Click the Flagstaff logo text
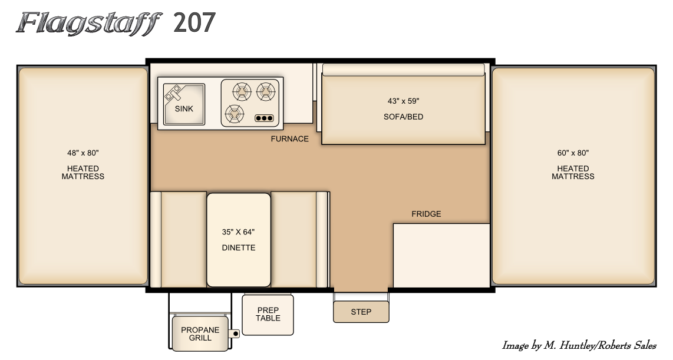tap(89, 24)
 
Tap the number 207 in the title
tap(194, 23)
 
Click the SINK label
tap(184, 109)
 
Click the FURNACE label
tap(290, 139)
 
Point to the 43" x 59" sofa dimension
tap(403, 101)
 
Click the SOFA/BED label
tap(403, 117)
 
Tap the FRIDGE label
tap(426, 214)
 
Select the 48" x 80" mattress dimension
tap(83, 153)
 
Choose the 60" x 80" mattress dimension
tap(573, 153)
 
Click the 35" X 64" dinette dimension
tap(238, 232)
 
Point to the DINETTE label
tap(238, 248)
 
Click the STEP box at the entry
tap(361, 312)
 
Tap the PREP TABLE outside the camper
tap(268, 315)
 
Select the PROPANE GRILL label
tap(200, 334)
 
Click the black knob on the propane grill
tap(235, 333)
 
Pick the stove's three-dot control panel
tap(264, 118)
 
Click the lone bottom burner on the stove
tap(235, 114)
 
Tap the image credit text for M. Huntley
tap(579, 346)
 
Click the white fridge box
tap(441, 255)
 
